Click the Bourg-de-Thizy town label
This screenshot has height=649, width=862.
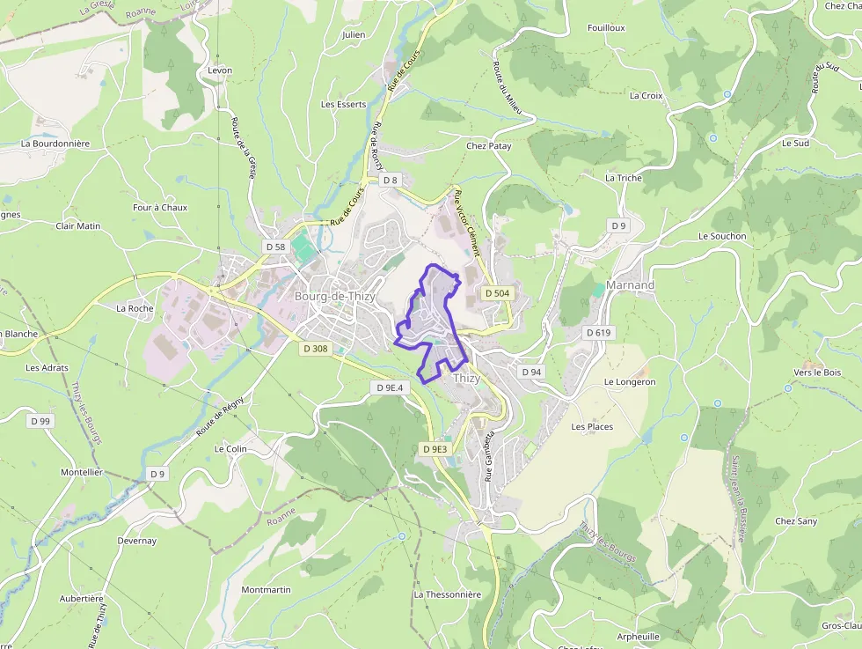click(x=335, y=297)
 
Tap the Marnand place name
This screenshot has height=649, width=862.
click(x=630, y=285)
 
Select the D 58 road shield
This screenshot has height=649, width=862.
click(x=275, y=247)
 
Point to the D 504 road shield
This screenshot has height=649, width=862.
click(x=497, y=293)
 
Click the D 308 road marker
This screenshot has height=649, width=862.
click(x=315, y=349)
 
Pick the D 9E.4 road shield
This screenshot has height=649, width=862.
click(x=389, y=387)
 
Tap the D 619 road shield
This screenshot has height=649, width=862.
click(x=599, y=333)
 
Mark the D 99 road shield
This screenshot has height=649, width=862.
click(x=40, y=421)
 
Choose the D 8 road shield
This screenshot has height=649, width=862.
click(x=390, y=181)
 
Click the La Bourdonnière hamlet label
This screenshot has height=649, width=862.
click(x=55, y=143)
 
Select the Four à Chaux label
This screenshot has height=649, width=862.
click(x=160, y=208)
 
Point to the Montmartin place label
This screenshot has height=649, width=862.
click(x=266, y=589)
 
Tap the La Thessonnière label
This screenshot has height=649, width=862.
click(x=448, y=594)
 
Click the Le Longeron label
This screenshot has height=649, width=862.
click(x=630, y=382)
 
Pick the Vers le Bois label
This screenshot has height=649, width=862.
click(x=817, y=372)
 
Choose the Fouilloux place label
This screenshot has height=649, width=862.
click(x=606, y=28)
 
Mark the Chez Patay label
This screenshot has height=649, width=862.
click(x=488, y=145)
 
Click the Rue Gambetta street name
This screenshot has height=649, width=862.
click(x=490, y=456)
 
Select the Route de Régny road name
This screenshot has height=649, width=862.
click(x=219, y=416)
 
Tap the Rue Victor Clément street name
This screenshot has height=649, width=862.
click(x=467, y=222)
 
